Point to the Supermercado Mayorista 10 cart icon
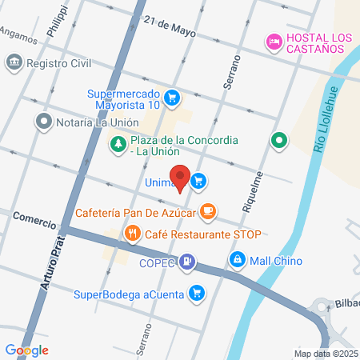[171, 98]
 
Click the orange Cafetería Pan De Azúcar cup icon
[208, 211]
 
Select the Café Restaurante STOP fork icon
[132, 234]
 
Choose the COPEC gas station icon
[186, 260]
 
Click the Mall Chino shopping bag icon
[238, 260]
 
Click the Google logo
[26, 350]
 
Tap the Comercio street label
[34, 218]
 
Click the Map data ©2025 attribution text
[326, 354]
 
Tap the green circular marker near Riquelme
[279, 142]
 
